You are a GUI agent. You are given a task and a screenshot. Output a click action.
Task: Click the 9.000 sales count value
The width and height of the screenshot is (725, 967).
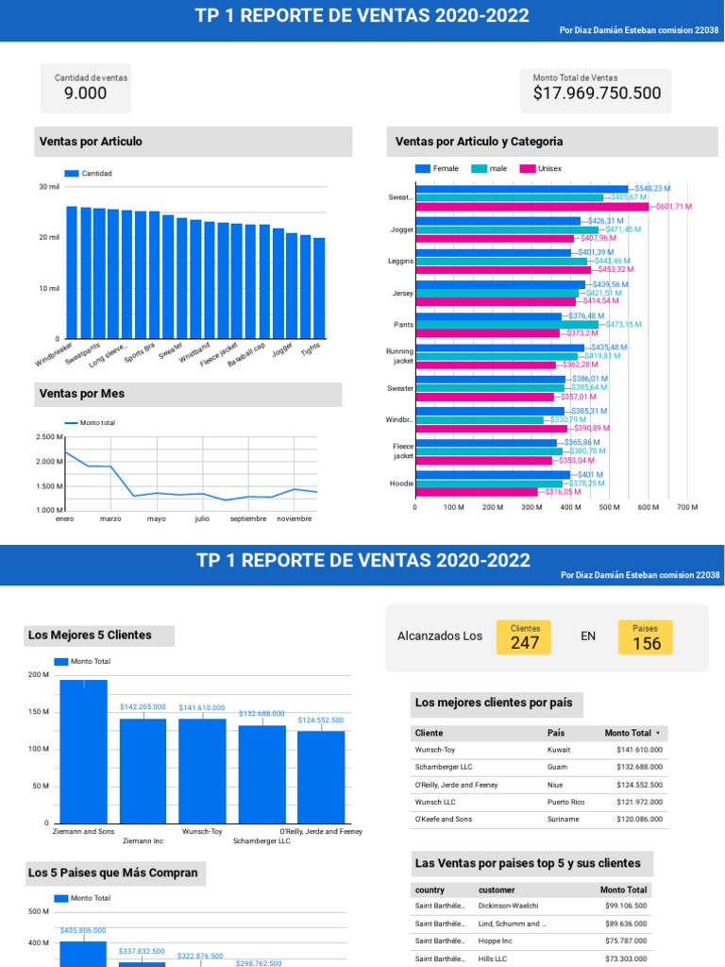coord(85,93)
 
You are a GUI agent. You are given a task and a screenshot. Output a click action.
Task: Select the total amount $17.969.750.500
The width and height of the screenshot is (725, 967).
coord(597,93)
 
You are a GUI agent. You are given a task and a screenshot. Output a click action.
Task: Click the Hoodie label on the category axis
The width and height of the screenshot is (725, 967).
coord(402,483)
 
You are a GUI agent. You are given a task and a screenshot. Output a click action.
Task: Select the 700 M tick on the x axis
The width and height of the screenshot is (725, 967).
coord(688,507)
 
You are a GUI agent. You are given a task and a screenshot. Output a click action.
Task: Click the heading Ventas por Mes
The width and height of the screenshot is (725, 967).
coord(82,393)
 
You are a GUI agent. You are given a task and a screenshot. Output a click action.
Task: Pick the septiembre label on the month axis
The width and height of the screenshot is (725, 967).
coord(248,518)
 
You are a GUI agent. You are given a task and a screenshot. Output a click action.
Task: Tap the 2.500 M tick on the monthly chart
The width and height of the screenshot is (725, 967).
coord(48,437)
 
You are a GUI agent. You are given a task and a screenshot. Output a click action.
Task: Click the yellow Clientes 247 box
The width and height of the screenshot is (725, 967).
coord(525,638)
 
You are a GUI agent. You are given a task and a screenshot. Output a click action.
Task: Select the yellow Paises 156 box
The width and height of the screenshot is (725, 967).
coord(646,638)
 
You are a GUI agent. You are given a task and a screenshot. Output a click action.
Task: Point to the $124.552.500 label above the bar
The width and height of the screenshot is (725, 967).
coord(321,721)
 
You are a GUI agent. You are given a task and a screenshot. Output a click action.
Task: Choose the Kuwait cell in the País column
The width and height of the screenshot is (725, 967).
coord(559,749)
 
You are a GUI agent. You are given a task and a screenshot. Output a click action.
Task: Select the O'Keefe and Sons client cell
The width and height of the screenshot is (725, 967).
coord(444,820)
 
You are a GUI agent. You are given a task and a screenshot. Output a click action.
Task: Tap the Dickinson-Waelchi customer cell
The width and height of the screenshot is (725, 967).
coord(509,906)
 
